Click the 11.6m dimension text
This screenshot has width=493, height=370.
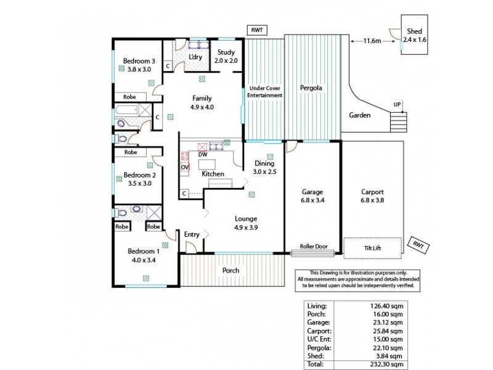pos(372,41)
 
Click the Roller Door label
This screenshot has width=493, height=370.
pos(312,245)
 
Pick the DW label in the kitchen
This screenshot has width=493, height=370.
pos(203,155)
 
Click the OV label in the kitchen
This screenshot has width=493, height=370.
pos(184,167)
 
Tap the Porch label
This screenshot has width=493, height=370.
pos(231,270)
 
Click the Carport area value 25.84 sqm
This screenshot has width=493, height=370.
pos(388,331)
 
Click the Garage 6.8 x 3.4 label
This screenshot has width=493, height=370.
pos(312,196)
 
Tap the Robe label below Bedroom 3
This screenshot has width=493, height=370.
pos(129,97)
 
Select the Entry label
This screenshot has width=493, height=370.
pos(191,234)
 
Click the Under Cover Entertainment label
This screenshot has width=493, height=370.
pos(264,92)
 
